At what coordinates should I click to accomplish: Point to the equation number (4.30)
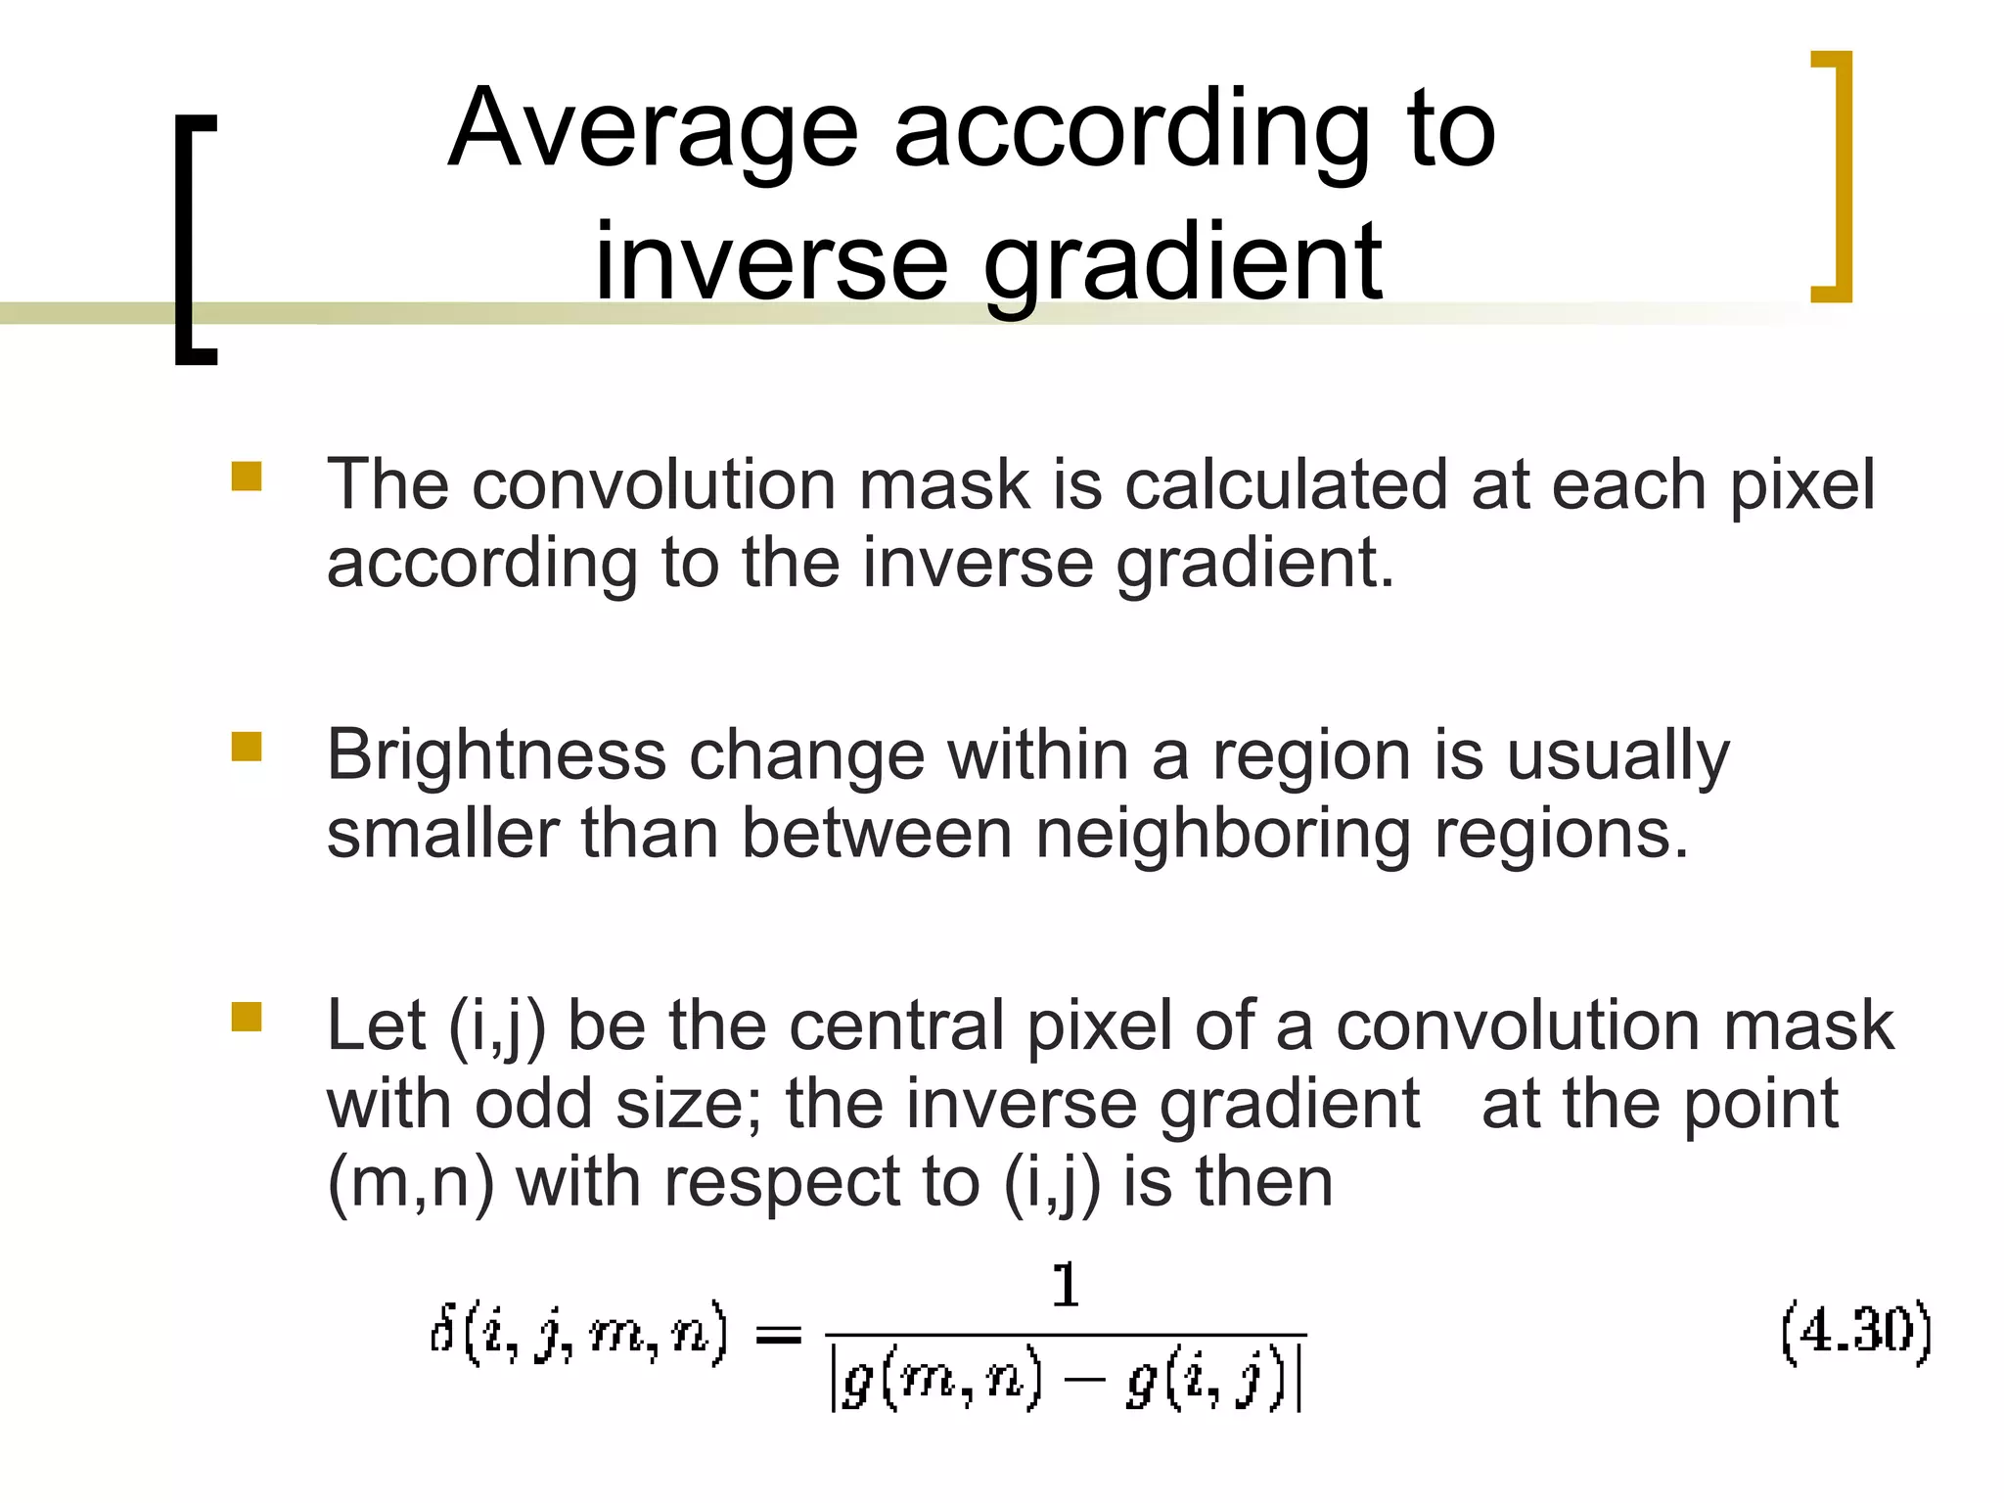1855,1333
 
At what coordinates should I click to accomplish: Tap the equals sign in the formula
779,1335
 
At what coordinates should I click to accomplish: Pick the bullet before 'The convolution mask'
247,477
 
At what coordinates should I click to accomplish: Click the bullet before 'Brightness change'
247,748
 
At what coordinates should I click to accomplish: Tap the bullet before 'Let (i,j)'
247,1018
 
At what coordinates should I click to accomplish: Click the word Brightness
496,755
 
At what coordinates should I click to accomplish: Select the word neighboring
1222,835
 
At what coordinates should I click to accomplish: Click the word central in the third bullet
896,1026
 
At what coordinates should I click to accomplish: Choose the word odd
533,1105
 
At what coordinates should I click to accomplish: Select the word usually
1617,757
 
